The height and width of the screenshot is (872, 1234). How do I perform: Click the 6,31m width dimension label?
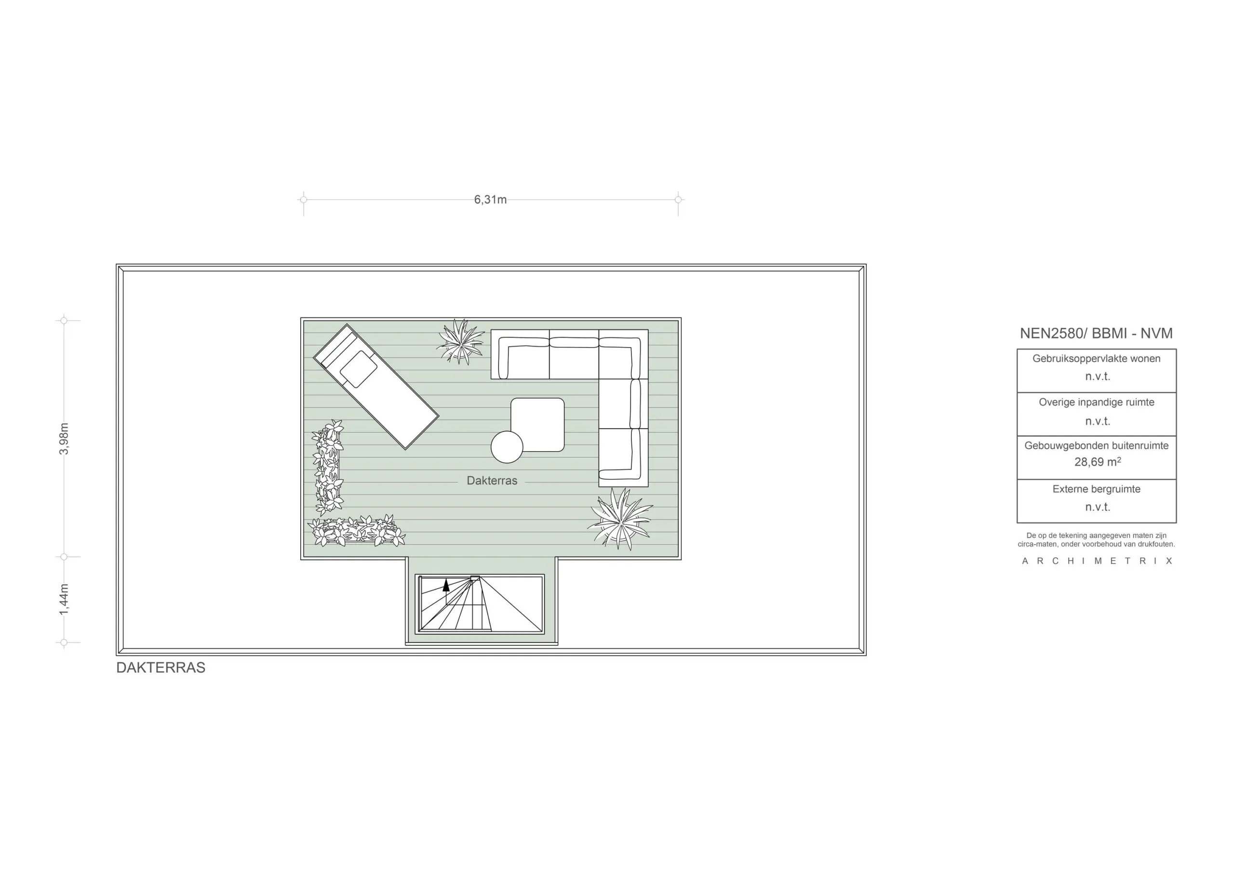pyautogui.click(x=490, y=200)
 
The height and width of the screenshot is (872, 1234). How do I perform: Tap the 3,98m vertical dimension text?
pyautogui.click(x=64, y=439)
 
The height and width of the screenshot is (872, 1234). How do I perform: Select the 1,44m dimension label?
pyautogui.click(x=64, y=600)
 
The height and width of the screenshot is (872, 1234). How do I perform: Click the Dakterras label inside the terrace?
pyautogui.click(x=492, y=481)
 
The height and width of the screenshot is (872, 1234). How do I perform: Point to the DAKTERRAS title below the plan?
pyautogui.click(x=161, y=668)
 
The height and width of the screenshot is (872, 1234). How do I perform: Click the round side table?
pyautogui.click(x=507, y=447)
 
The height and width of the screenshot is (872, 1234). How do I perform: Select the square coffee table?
pyautogui.click(x=537, y=424)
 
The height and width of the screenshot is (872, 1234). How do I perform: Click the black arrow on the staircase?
pyautogui.click(x=445, y=586)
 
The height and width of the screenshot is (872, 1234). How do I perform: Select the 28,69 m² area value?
pyautogui.click(x=1097, y=462)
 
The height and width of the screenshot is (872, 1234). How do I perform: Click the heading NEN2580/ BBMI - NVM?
pyautogui.click(x=1096, y=333)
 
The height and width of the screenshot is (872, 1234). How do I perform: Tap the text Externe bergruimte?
pyautogui.click(x=1097, y=489)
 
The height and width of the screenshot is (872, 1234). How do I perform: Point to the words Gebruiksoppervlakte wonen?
pyautogui.click(x=1097, y=359)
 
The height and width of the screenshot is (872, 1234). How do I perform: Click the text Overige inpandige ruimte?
pyautogui.click(x=1097, y=402)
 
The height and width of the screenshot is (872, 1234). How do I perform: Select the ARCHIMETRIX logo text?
pyautogui.click(x=1097, y=561)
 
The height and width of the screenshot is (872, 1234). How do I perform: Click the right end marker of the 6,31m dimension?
pyautogui.click(x=678, y=200)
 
